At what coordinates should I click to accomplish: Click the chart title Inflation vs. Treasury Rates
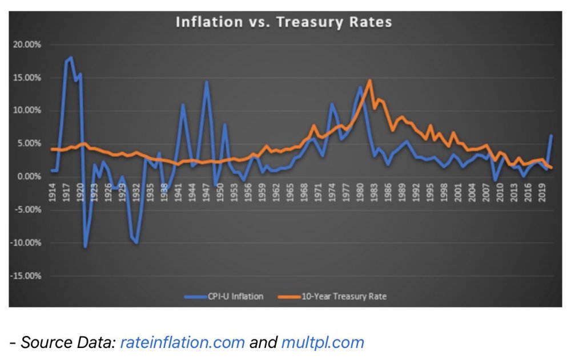284,22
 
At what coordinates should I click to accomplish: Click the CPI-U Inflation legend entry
223,297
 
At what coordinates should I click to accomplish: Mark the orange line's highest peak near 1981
370,80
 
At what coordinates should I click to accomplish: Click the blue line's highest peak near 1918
71,57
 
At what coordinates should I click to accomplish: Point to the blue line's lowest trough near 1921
85,246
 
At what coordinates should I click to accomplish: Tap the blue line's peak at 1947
206,82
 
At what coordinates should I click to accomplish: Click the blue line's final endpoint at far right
551,136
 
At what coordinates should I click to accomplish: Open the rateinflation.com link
182,342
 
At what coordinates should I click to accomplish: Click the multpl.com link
323,342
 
